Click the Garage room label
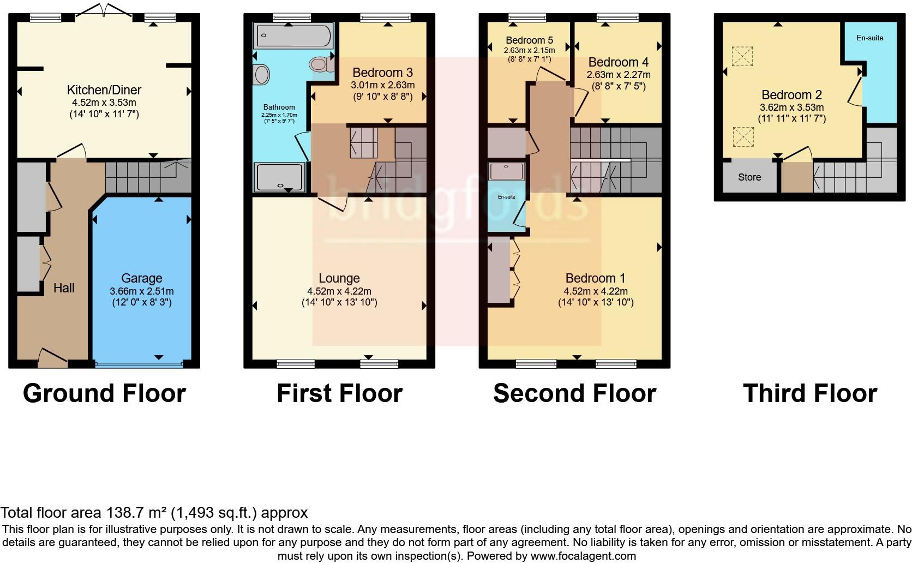tap(141, 278)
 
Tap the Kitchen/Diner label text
tap(104, 90)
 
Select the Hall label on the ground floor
tap(64, 288)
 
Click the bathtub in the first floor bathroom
tap(293, 35)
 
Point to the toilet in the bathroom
tap(322, 64)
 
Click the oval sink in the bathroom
tap(262, 75)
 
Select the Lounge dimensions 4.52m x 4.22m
tap(339, 291)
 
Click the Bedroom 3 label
tap(382, 73)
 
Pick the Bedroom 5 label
tap(529, 40)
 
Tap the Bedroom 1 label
tap(595, 278)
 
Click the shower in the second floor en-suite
tap(507, 171)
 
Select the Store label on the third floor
tap(749, 177)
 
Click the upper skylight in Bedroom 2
tap(742, 56)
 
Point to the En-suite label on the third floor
tap(869, 38)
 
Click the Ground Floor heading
tap(104, 393)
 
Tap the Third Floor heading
tap(809, 393)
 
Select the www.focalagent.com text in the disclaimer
tap(583, 556)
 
